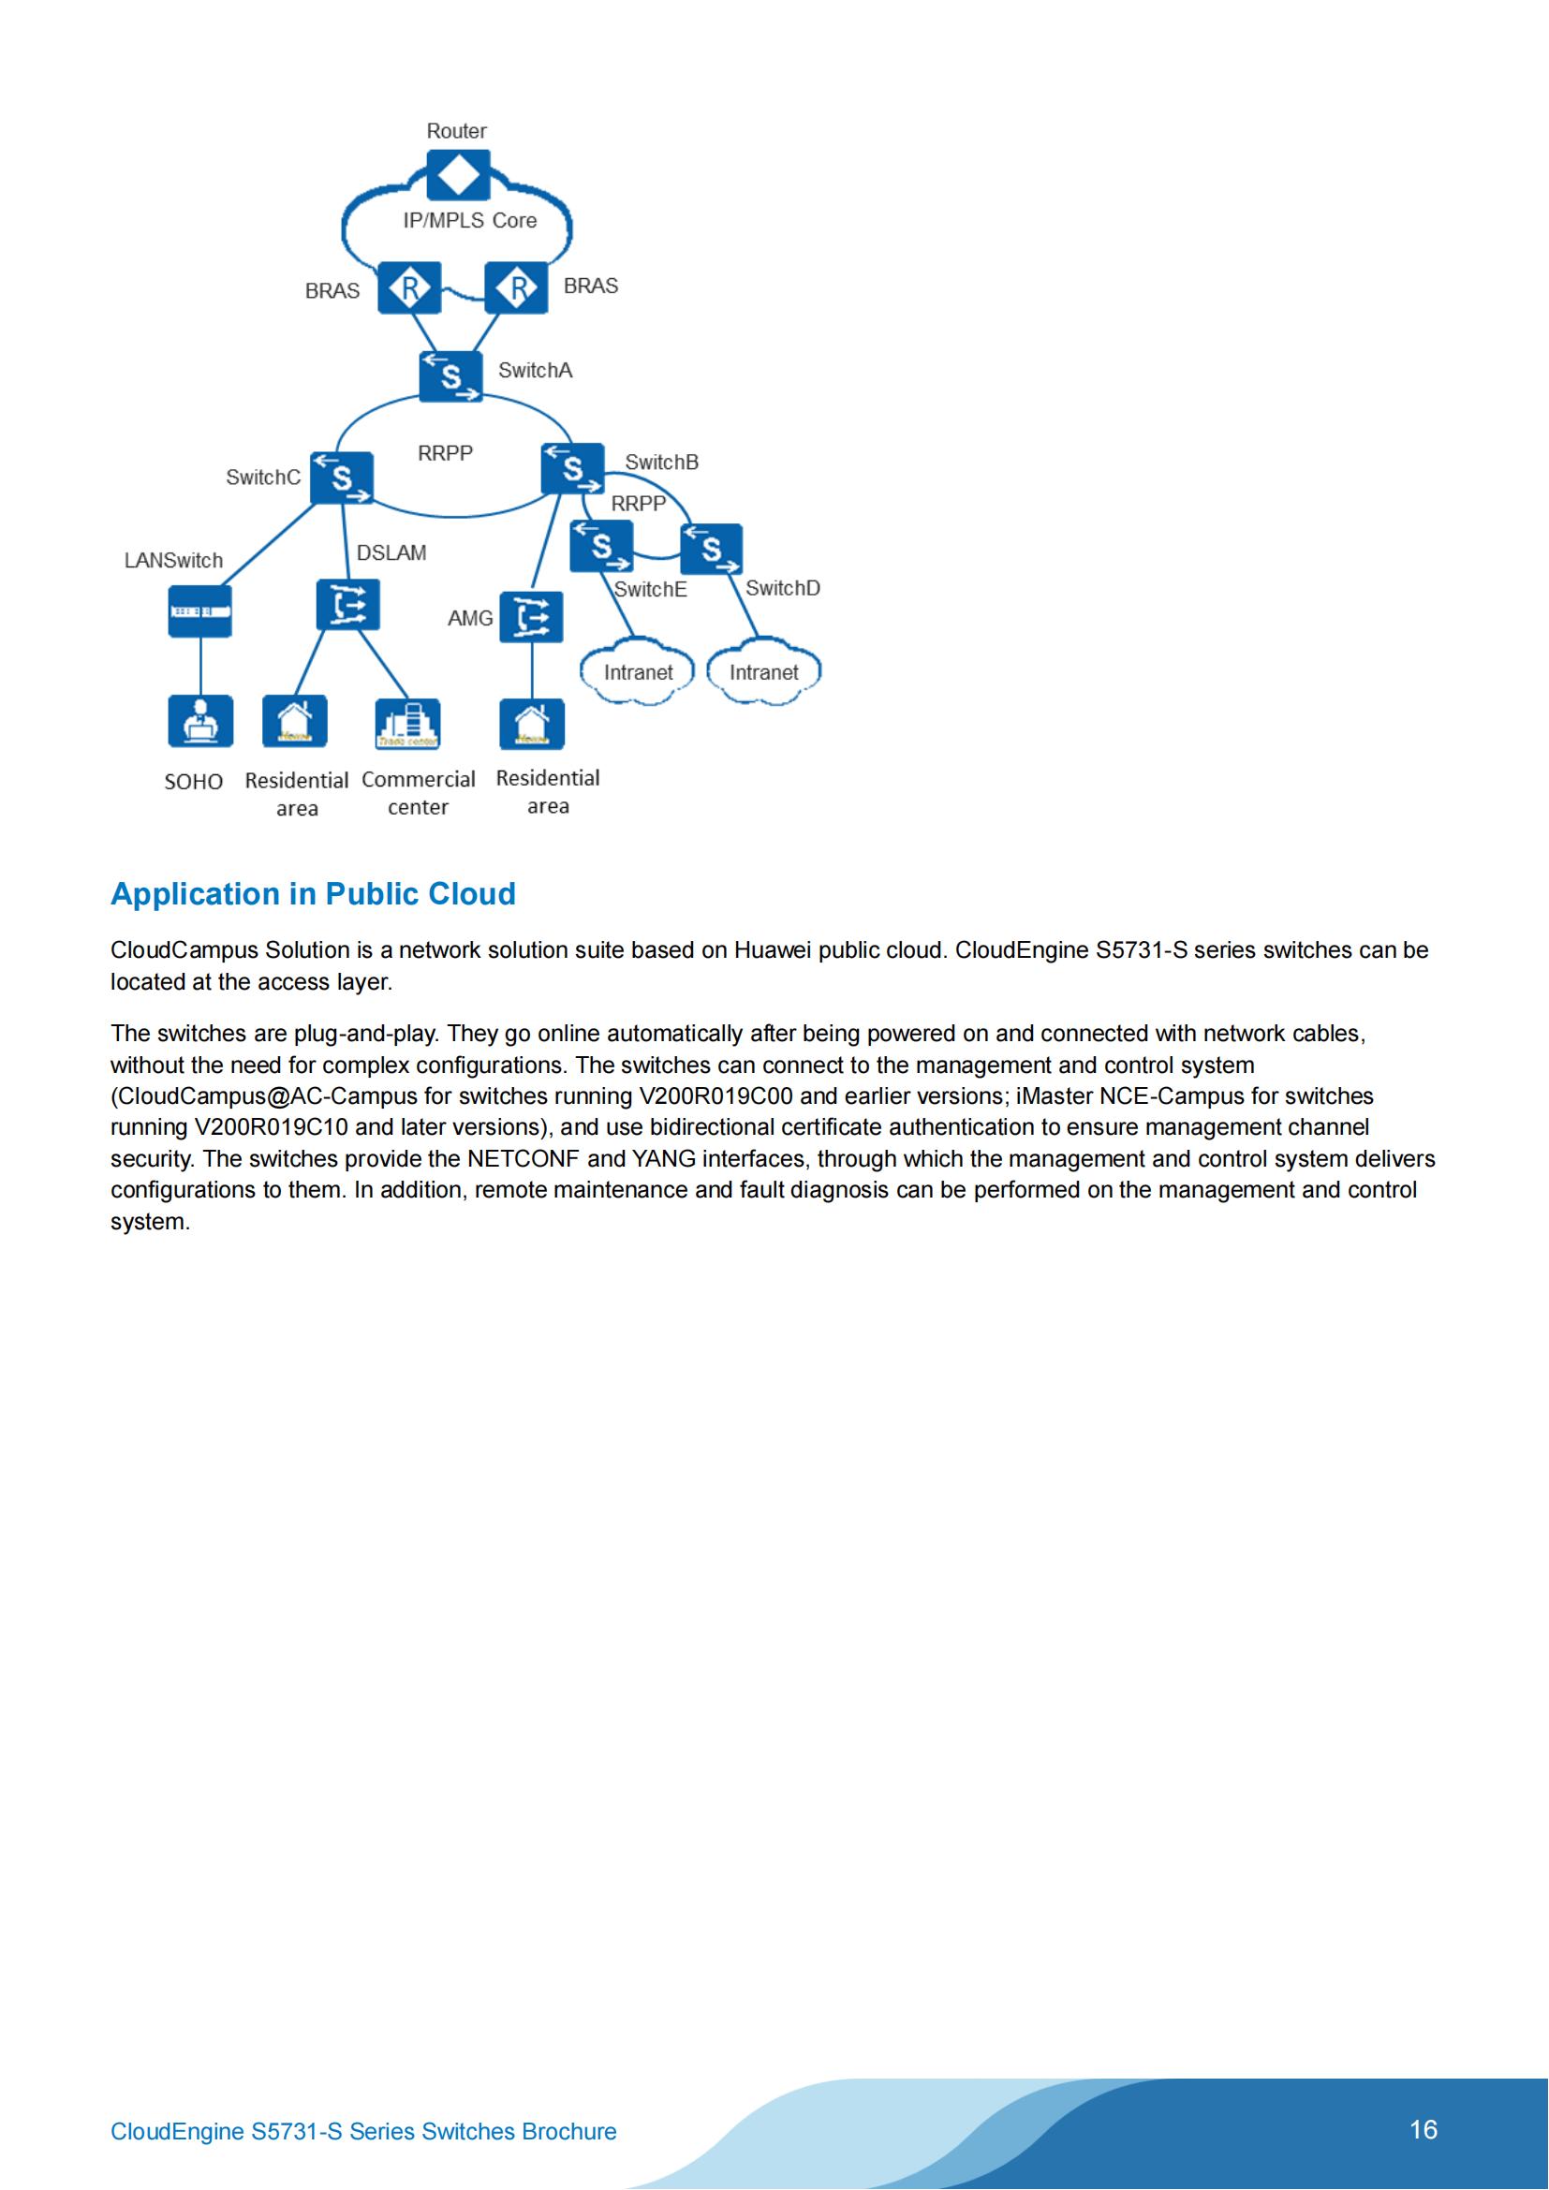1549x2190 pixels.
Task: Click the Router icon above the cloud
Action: coord(458,174)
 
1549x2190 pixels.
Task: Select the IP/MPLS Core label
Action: coord(469,220)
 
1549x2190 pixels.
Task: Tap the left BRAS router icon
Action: coord(409,287)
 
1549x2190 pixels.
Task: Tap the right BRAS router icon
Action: coord(517,287)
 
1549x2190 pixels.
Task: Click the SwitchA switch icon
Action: coord(451,375)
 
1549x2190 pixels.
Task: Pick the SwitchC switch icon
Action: coord(342,477)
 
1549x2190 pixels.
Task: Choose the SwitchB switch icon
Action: coord(572,468)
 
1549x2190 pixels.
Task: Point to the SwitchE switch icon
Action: coord(601,547)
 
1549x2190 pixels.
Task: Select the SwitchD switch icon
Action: coord(712,550)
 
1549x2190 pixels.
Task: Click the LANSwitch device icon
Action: coord(200,610)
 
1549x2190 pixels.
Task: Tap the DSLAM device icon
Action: coord(348,605)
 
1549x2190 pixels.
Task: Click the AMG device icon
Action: coord(531,617)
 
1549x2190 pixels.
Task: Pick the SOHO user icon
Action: coord(200,721)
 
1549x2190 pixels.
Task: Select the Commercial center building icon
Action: coord(408,724)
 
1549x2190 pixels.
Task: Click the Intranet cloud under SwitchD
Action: coord(763,672)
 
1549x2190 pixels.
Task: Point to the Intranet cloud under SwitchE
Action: coord(638,672)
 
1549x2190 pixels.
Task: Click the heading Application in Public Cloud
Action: coord(313,894)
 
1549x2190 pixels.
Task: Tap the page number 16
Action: coord(1424,2129)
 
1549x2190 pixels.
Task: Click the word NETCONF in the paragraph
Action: coord(523,1159)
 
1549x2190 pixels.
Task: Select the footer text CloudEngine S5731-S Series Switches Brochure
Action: coord(363,2132)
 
